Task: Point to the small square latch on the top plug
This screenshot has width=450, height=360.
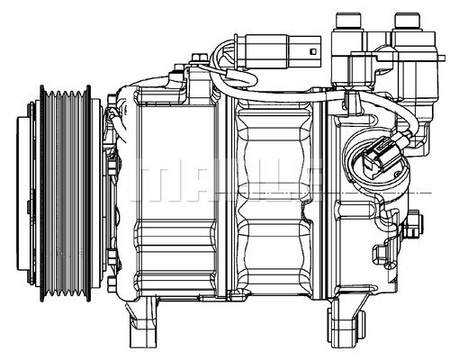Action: point(311,50)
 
